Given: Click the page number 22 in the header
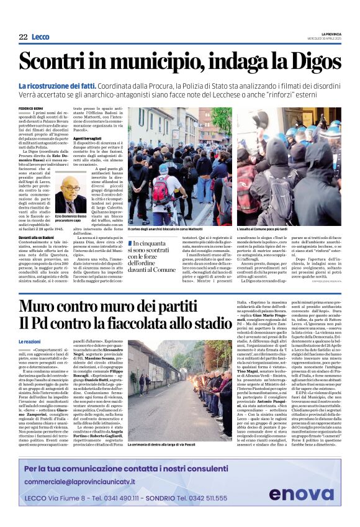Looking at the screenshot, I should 23,37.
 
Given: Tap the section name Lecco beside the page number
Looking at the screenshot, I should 40,37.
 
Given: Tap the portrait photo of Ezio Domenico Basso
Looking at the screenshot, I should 71,194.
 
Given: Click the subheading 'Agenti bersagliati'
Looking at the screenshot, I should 88,138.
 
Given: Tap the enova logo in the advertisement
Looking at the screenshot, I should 300,494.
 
